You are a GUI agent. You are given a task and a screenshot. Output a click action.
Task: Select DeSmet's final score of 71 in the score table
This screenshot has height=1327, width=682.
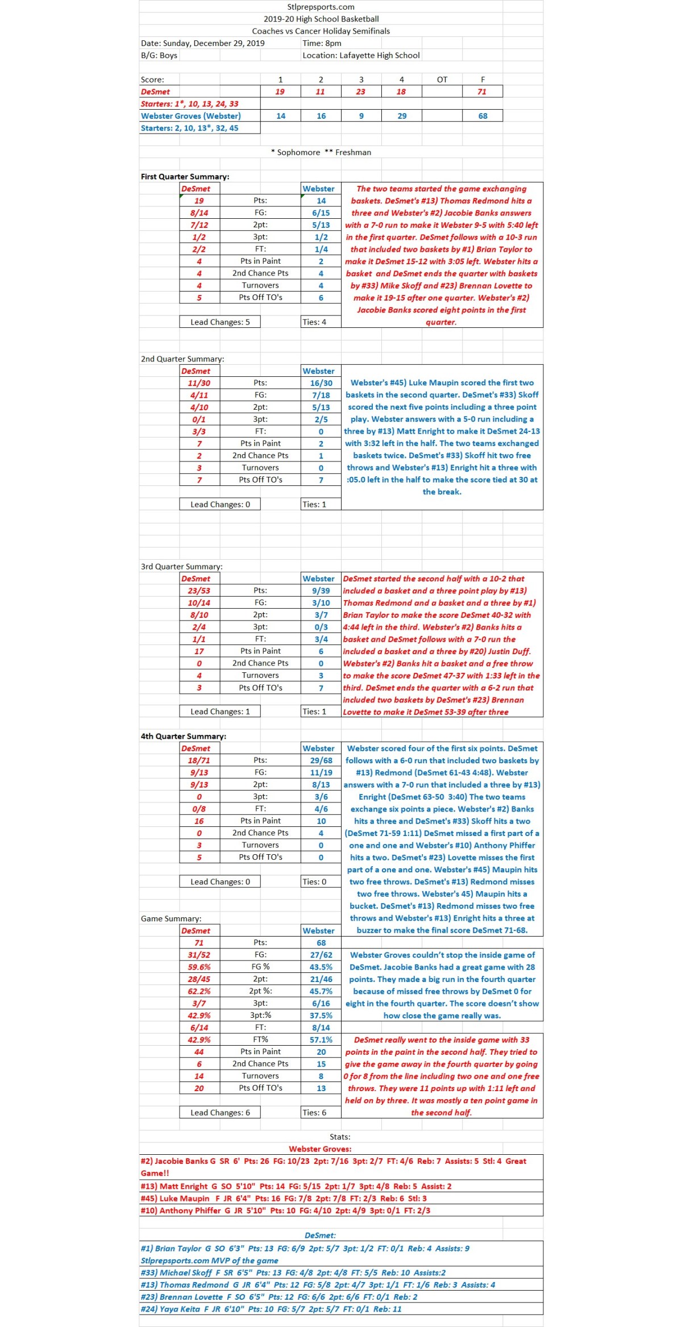[x=482, y=91]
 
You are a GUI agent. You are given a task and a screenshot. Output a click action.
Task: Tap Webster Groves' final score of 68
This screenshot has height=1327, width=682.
[x=483, y=116]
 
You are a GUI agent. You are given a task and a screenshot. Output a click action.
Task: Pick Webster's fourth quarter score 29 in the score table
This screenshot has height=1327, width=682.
[x=402, y=116]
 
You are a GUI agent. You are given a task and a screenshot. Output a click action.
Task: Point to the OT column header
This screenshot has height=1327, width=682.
[x=442, y=80]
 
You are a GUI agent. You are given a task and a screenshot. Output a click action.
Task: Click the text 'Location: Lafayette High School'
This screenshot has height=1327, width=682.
[x=361, y=55]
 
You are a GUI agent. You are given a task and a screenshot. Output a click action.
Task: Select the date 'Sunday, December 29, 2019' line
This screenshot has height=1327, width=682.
[x=203, y=43]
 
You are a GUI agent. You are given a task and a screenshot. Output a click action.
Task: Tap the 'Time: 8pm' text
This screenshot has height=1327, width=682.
[x=322, y=43]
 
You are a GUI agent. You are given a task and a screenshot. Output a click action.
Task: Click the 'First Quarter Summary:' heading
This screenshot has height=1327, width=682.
[x=185, y=177]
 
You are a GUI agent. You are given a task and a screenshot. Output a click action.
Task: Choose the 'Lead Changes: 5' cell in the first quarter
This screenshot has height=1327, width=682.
[x=220, y=322]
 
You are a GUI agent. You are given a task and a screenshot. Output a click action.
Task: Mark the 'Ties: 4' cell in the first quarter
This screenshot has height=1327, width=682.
[x=314, y=322]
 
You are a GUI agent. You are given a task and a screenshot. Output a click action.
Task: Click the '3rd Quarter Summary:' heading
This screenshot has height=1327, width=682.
[x=182, y=567]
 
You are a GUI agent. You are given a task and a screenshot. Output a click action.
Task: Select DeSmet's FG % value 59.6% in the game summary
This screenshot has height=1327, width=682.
[x=199, y=967]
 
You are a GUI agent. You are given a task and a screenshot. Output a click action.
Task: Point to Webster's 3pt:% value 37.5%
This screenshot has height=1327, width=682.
[x=321, y=1015]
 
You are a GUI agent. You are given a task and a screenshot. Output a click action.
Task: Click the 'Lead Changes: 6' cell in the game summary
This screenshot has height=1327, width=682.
[x=220, y=1112]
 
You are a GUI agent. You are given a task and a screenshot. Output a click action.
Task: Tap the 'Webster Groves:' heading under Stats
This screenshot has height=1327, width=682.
[x=320, y=1149]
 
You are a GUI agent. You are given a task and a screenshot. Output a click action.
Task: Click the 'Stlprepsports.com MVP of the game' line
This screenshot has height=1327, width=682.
[x=209, y=1261]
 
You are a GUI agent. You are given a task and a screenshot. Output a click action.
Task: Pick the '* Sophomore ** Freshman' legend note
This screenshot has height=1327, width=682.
[x=321, y=152]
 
